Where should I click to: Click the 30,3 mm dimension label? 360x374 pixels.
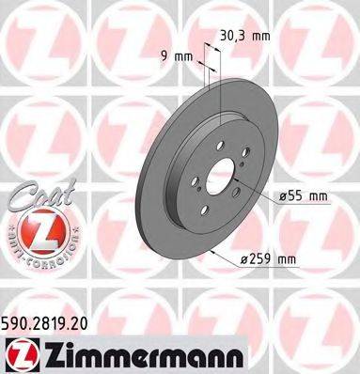pyautogui.click(x=245, y=37)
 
